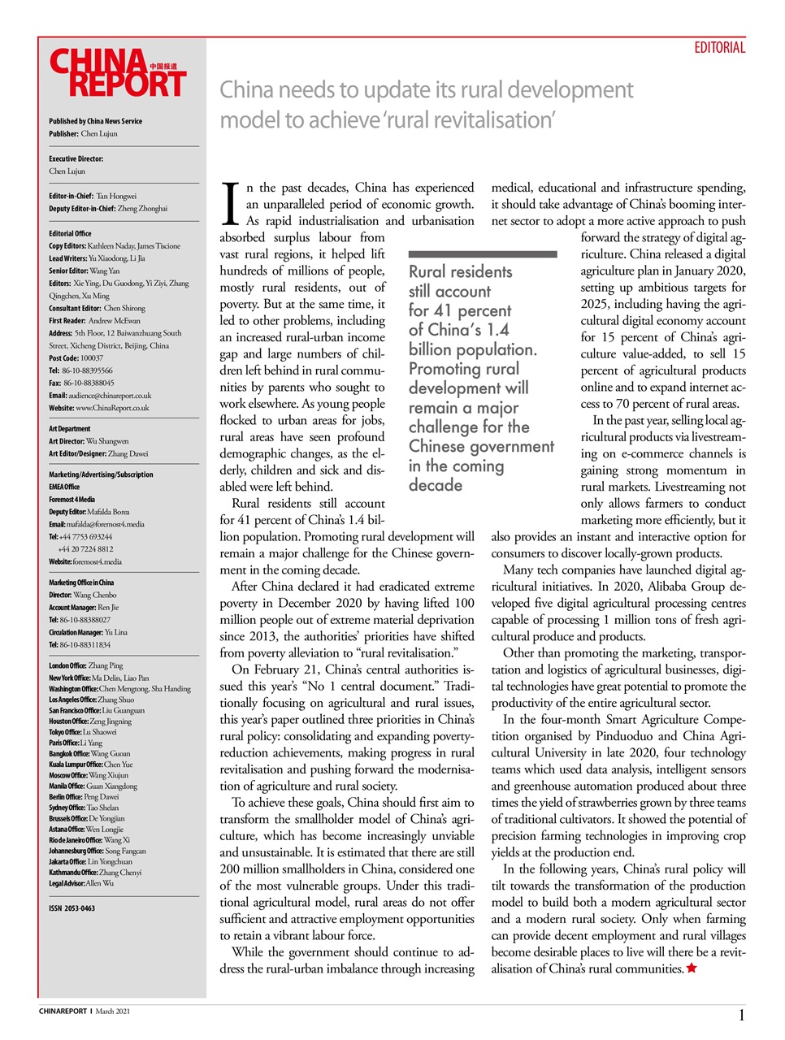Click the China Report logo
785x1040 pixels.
tap(119, 74)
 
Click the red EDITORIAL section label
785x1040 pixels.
tap(719, 48)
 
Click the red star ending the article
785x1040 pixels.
tap(692, 968)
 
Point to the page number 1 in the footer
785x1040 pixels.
tap(741, 1015)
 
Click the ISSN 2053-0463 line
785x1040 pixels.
tap(72, 908)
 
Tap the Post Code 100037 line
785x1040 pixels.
tap(76, 357)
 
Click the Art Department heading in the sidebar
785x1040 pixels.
tap(70, 429)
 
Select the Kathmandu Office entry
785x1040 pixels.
tap(95, 872)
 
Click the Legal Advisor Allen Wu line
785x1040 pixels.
tap(81, 883)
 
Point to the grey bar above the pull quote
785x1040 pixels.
tap(482, 254)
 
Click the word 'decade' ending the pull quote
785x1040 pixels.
tap(436, 485)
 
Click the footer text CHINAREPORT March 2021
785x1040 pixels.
tap(85, 1012)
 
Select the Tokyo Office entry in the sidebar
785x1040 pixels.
tap(82, 731)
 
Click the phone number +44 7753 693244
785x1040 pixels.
tap(80, 536)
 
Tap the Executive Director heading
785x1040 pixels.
tap(76, 159)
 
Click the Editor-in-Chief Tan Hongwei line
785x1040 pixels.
tap(93, 196)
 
